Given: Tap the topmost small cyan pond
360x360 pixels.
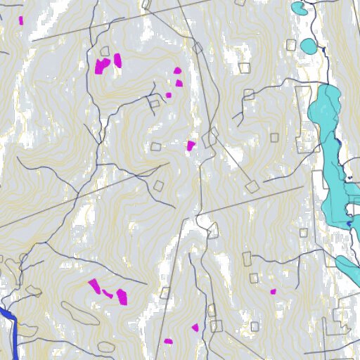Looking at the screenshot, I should tap(298, 8).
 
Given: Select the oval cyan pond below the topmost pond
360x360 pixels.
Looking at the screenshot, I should tap(308, 46).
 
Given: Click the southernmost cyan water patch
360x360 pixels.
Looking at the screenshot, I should tap(348, 266).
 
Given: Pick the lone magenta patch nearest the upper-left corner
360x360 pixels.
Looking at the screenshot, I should tap(20, 20).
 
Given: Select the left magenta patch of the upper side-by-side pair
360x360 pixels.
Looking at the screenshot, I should tap(103, 66).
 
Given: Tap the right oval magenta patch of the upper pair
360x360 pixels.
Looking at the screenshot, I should tap(117, 60).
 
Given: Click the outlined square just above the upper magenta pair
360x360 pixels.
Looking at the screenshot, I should tap(105, 51).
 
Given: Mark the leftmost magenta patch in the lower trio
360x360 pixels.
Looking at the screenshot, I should tap(94, 285).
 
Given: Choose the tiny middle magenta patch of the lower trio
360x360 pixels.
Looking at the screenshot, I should tap(108, 293).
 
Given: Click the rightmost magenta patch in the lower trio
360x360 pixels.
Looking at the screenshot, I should tap(122, 296).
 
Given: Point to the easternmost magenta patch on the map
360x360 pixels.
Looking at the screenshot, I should tap(274, 291).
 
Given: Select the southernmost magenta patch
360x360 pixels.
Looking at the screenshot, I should tap(168, 342).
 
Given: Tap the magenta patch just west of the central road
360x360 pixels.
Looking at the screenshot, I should tap(191, 146).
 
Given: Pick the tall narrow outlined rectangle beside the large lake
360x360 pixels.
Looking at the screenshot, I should tap(304, 120).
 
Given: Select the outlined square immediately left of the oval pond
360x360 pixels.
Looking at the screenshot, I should tap(291, 45).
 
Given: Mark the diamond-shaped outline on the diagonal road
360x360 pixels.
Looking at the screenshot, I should tap(252, 186).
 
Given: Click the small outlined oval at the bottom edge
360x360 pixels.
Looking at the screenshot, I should tap(106, 347).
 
